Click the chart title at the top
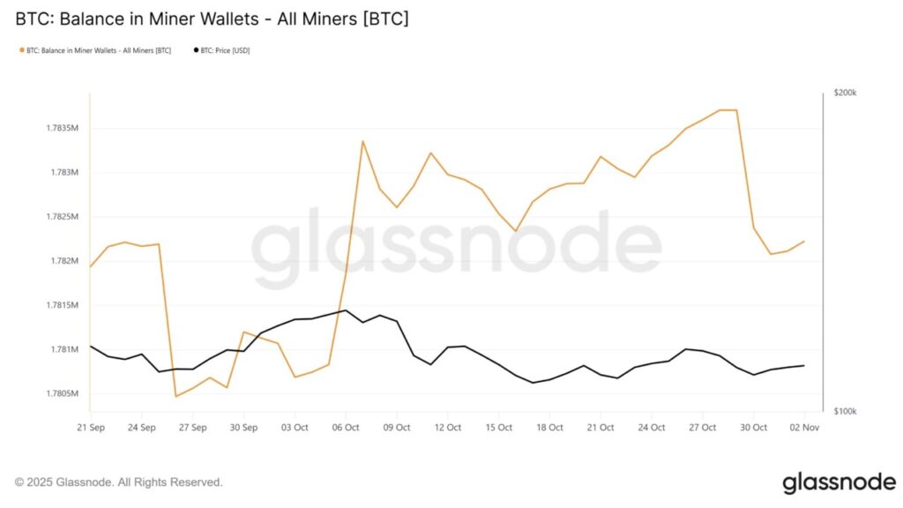point(212,18)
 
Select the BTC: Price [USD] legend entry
point(222,50)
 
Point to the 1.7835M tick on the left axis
point(62,128)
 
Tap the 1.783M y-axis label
point(64,172)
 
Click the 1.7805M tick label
point(62,393)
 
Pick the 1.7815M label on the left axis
point(62,305)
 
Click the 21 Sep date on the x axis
point(91,428)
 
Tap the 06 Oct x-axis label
point(346,428)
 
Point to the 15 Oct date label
point(499,428)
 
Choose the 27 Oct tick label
point(703,428)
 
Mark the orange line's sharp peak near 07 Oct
point(362,141)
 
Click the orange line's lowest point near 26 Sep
point(176,396)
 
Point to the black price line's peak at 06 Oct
point(345,310)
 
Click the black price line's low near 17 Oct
point(533,383)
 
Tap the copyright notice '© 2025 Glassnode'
point(119,482)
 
